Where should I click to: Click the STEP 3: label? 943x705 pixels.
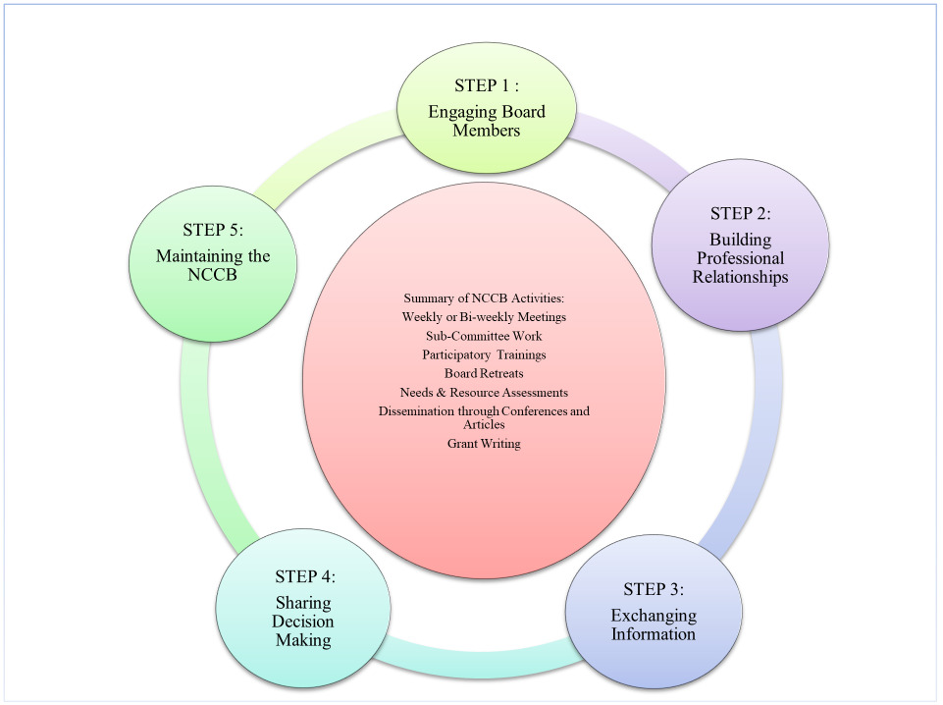(x=654, y=589)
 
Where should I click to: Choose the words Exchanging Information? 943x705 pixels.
(x=654, y=624)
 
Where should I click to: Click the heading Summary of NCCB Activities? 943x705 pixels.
(x=485, y=298)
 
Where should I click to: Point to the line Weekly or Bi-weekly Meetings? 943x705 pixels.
(x=485, y=317)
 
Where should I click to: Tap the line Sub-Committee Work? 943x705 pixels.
(x=485, y=336)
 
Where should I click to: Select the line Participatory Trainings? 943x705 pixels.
(x=485, y=354)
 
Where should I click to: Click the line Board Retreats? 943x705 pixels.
(x=485, y=373)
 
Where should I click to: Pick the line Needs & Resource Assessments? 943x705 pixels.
(x=485, y=392)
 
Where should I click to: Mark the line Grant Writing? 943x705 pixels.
(x=485, y=444)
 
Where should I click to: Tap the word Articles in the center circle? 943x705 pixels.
(x=484, y=425)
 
